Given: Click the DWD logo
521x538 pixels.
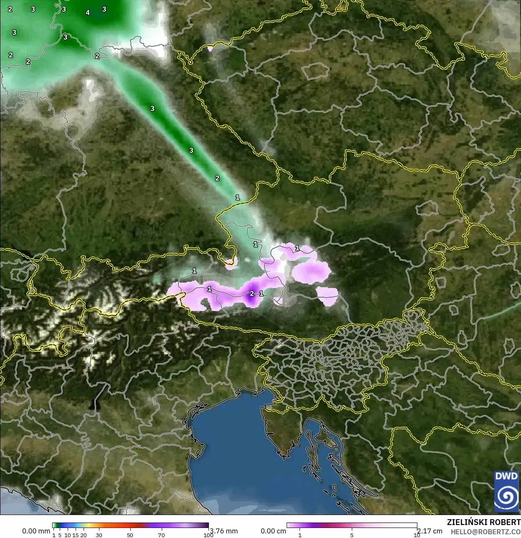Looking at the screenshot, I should [506, 491].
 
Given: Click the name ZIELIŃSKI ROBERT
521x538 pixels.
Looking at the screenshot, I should [483, 522].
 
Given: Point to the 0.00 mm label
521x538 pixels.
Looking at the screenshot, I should [36, 531].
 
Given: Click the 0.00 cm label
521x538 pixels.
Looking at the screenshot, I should [273, 531].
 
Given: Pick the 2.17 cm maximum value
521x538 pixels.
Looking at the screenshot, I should [430, 531].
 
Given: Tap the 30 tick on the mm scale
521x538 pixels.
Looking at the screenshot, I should [99, 535].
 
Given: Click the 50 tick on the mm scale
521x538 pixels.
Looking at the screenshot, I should [130, 535].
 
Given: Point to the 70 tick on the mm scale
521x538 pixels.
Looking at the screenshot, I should [161, 535].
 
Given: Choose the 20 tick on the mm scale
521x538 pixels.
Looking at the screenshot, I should [83, 535].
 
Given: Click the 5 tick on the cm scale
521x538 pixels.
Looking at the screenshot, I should [352, 535].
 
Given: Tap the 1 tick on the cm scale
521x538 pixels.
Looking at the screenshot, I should [300, 535].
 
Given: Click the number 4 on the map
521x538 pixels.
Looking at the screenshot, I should [88, 13].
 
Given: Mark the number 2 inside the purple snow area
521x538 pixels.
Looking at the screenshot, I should [252, 294].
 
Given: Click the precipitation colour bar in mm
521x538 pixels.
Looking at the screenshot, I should [131, 525].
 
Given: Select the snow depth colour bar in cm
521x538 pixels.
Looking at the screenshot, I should [352, 525].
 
